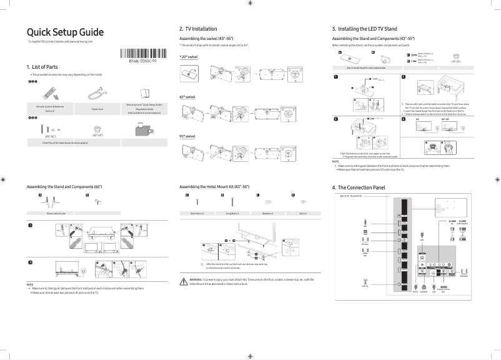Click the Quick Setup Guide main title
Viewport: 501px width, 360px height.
coord(65,32)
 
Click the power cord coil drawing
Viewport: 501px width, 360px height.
coord(94,94)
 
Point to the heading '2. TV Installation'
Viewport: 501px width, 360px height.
coord(198,29)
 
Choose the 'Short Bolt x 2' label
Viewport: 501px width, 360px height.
coord(197,213)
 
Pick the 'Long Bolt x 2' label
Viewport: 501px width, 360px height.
coord(232,213)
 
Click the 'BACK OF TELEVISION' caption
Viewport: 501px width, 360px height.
coord(351,196)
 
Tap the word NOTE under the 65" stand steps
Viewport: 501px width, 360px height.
coord(30,284)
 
